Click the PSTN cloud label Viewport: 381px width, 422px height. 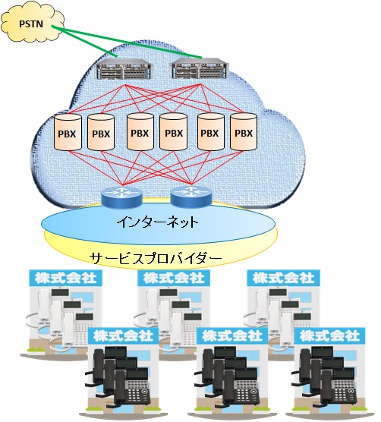[31, 24]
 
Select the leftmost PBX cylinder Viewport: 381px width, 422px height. [68, 132]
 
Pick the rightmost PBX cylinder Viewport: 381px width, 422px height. [244, 131]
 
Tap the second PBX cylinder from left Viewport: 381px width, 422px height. [101, 132]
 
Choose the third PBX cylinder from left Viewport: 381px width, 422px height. [140, 131]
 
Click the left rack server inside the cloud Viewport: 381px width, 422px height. [124, 69]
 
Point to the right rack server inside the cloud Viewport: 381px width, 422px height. [200, 68]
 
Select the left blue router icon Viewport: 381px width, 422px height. [121, 197]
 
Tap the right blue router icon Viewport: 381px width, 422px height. [191, 197]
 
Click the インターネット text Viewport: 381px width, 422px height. [158, 222]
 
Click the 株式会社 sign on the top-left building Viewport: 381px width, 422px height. [66, 278]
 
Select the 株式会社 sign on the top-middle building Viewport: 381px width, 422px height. [174, 278]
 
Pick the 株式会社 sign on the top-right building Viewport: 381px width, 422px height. [283, 278]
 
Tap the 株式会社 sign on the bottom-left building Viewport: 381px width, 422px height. [124, 335]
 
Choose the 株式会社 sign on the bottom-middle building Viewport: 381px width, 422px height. [232, 335]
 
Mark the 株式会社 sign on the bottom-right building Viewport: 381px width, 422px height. [329, 335]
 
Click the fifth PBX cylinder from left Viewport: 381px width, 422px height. [211, 131]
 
